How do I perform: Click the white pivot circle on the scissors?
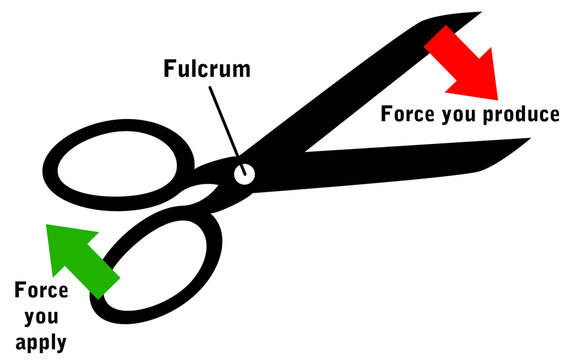[x=243, y=174]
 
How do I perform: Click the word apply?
[x=40, y=342]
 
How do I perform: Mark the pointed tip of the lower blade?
[x=527, y=140]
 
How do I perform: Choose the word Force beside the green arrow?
[x=41, y=291]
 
